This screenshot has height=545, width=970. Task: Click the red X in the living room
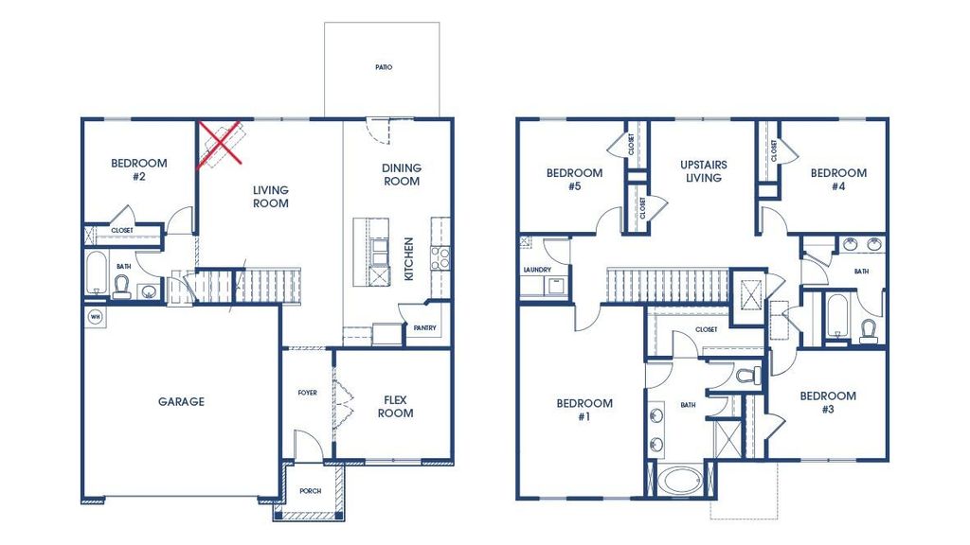219,145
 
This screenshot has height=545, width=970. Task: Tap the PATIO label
383,68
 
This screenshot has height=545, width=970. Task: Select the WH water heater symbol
94,315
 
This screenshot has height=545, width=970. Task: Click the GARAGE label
180,402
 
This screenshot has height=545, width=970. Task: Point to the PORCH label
310,492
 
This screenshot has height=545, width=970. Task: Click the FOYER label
307,393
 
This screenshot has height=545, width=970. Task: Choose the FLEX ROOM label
395,406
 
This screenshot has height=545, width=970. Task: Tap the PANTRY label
422,328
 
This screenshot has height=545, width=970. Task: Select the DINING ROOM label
402,175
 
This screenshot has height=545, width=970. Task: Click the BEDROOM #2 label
138,169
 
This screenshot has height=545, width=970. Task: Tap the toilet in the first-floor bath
121,289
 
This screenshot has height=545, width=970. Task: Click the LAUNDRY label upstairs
536,270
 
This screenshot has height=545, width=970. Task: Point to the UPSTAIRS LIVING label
703,171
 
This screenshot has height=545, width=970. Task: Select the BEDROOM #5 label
574,180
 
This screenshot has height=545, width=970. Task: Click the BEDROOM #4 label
837,180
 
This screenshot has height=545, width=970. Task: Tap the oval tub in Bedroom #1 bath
681,480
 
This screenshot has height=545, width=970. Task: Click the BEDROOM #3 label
827,402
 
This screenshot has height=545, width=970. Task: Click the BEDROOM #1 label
584,410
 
